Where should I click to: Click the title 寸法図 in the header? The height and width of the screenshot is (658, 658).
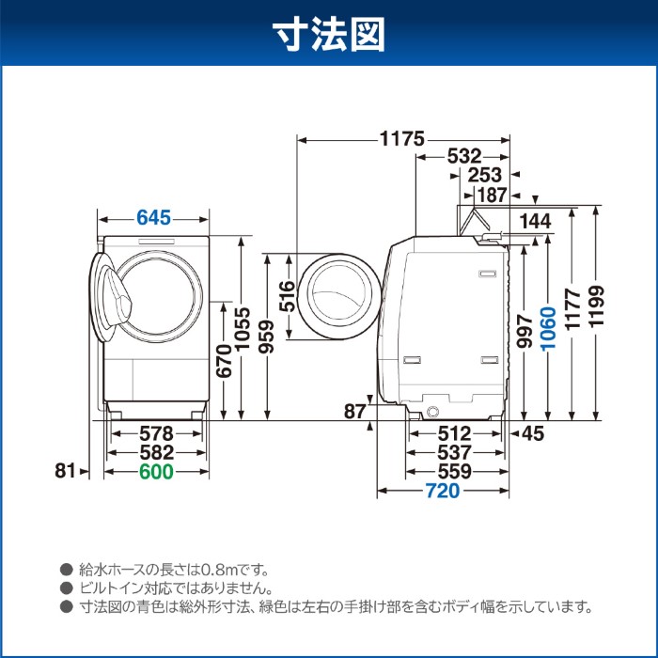(329, 35)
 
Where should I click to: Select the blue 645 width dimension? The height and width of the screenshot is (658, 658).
(153, 218)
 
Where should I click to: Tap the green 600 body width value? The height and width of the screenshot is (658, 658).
(156, 473)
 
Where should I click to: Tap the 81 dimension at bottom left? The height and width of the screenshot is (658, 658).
(64, 472)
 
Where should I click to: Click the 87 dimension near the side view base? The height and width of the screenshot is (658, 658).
(354, 411)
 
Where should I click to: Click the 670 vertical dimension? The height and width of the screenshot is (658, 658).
(223, 358)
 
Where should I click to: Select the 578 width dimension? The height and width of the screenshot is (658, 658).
(156, 433)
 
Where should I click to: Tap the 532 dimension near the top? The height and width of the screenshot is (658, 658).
(464, 156)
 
